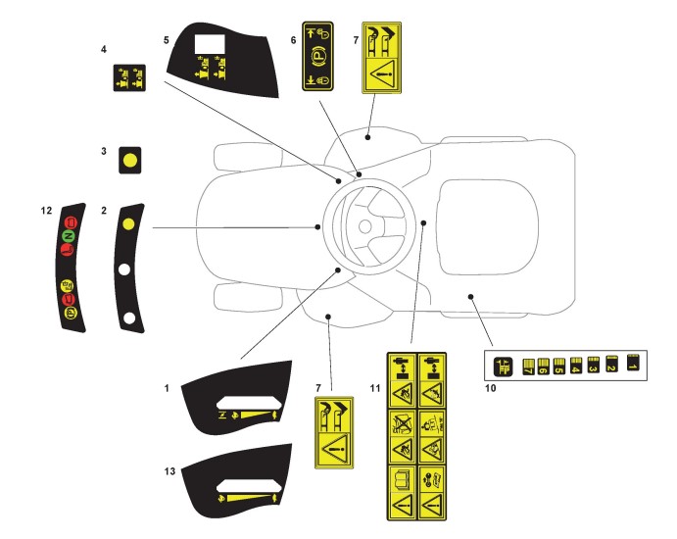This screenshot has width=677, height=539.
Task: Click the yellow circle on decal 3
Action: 127,160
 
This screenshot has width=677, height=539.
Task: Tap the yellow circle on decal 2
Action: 127,224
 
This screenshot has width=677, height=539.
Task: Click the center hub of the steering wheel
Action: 363,226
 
